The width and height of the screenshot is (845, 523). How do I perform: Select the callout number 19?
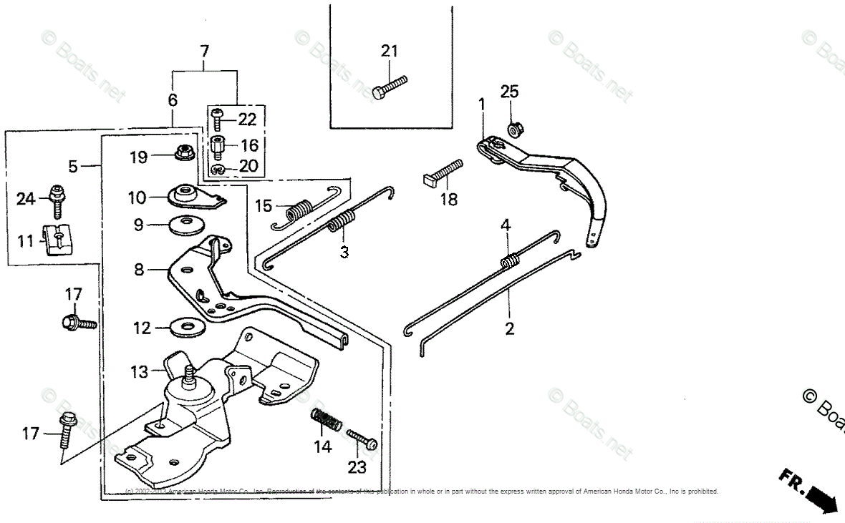[139, 157]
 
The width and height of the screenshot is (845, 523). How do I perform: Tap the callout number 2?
[509, 329]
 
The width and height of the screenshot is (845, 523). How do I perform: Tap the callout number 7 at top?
[205, 52]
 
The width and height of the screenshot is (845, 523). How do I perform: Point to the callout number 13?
[139, 372]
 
